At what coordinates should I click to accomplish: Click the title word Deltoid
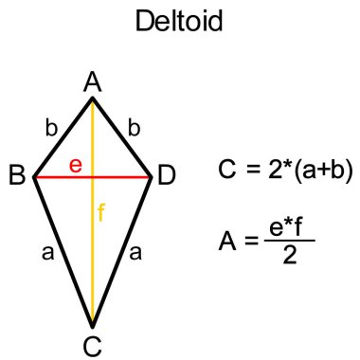tap(180, 22)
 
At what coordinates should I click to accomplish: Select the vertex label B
tap(17, 176)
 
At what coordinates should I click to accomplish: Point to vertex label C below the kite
tap(92, 346)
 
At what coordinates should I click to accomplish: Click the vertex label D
tap(167, 176)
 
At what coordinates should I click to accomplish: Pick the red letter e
tap(77, 166)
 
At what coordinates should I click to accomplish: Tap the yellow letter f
tap(100, 212)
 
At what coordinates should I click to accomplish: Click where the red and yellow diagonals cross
tap(93, 177)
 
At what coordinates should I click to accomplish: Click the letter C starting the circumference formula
tap(226, 171)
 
